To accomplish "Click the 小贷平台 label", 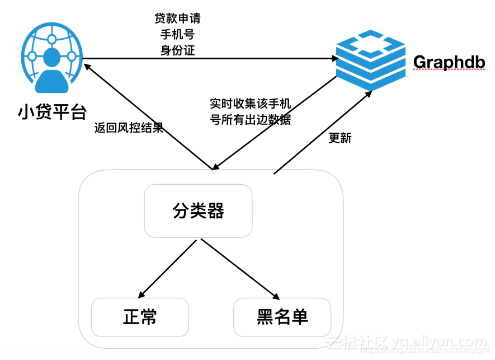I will tap(51, 111).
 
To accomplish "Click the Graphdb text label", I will tap(449, 62).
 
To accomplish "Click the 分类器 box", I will tap(199, 211).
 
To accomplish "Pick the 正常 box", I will tap(140, 317).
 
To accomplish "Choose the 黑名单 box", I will tap(282, 317).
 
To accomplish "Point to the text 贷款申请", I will tap(177, 18).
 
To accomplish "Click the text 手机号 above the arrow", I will tap(177, 35).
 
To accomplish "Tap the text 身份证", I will tap(177, 50).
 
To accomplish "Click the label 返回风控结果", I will tap(129, 128).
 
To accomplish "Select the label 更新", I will tap(340, 138).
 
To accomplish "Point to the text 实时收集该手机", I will tap(250, 104).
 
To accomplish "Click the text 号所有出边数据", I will tap(250, 120).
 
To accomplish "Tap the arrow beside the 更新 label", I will tap(322, 133).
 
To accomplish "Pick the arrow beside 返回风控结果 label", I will tap(148, 115).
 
